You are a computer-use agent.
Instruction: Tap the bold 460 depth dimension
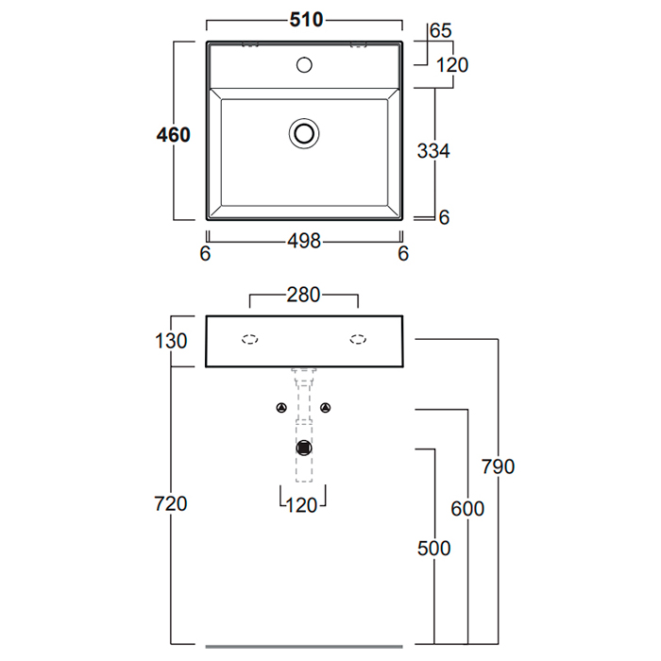(174, 135)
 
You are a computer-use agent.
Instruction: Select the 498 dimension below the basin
(304, 242)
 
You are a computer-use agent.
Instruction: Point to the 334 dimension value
(433, 150)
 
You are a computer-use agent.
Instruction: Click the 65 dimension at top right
(440, 31)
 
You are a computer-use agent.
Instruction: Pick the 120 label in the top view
(452, 65)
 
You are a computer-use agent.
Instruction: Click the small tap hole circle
(304, 65)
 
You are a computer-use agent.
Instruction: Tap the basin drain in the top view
(304, 133)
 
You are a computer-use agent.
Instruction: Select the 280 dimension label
(303, 297)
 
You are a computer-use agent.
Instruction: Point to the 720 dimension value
(171, 503)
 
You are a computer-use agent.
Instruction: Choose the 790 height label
(498, 466)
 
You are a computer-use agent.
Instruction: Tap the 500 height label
(434, 548)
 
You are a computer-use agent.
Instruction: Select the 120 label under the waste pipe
(302, 504)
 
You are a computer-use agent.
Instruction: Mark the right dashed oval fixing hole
(358, 340)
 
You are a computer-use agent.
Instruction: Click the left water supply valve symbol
(281, 408)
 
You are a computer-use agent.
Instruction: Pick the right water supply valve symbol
(327, 408)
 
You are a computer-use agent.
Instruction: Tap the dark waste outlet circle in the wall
(304, 448)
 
